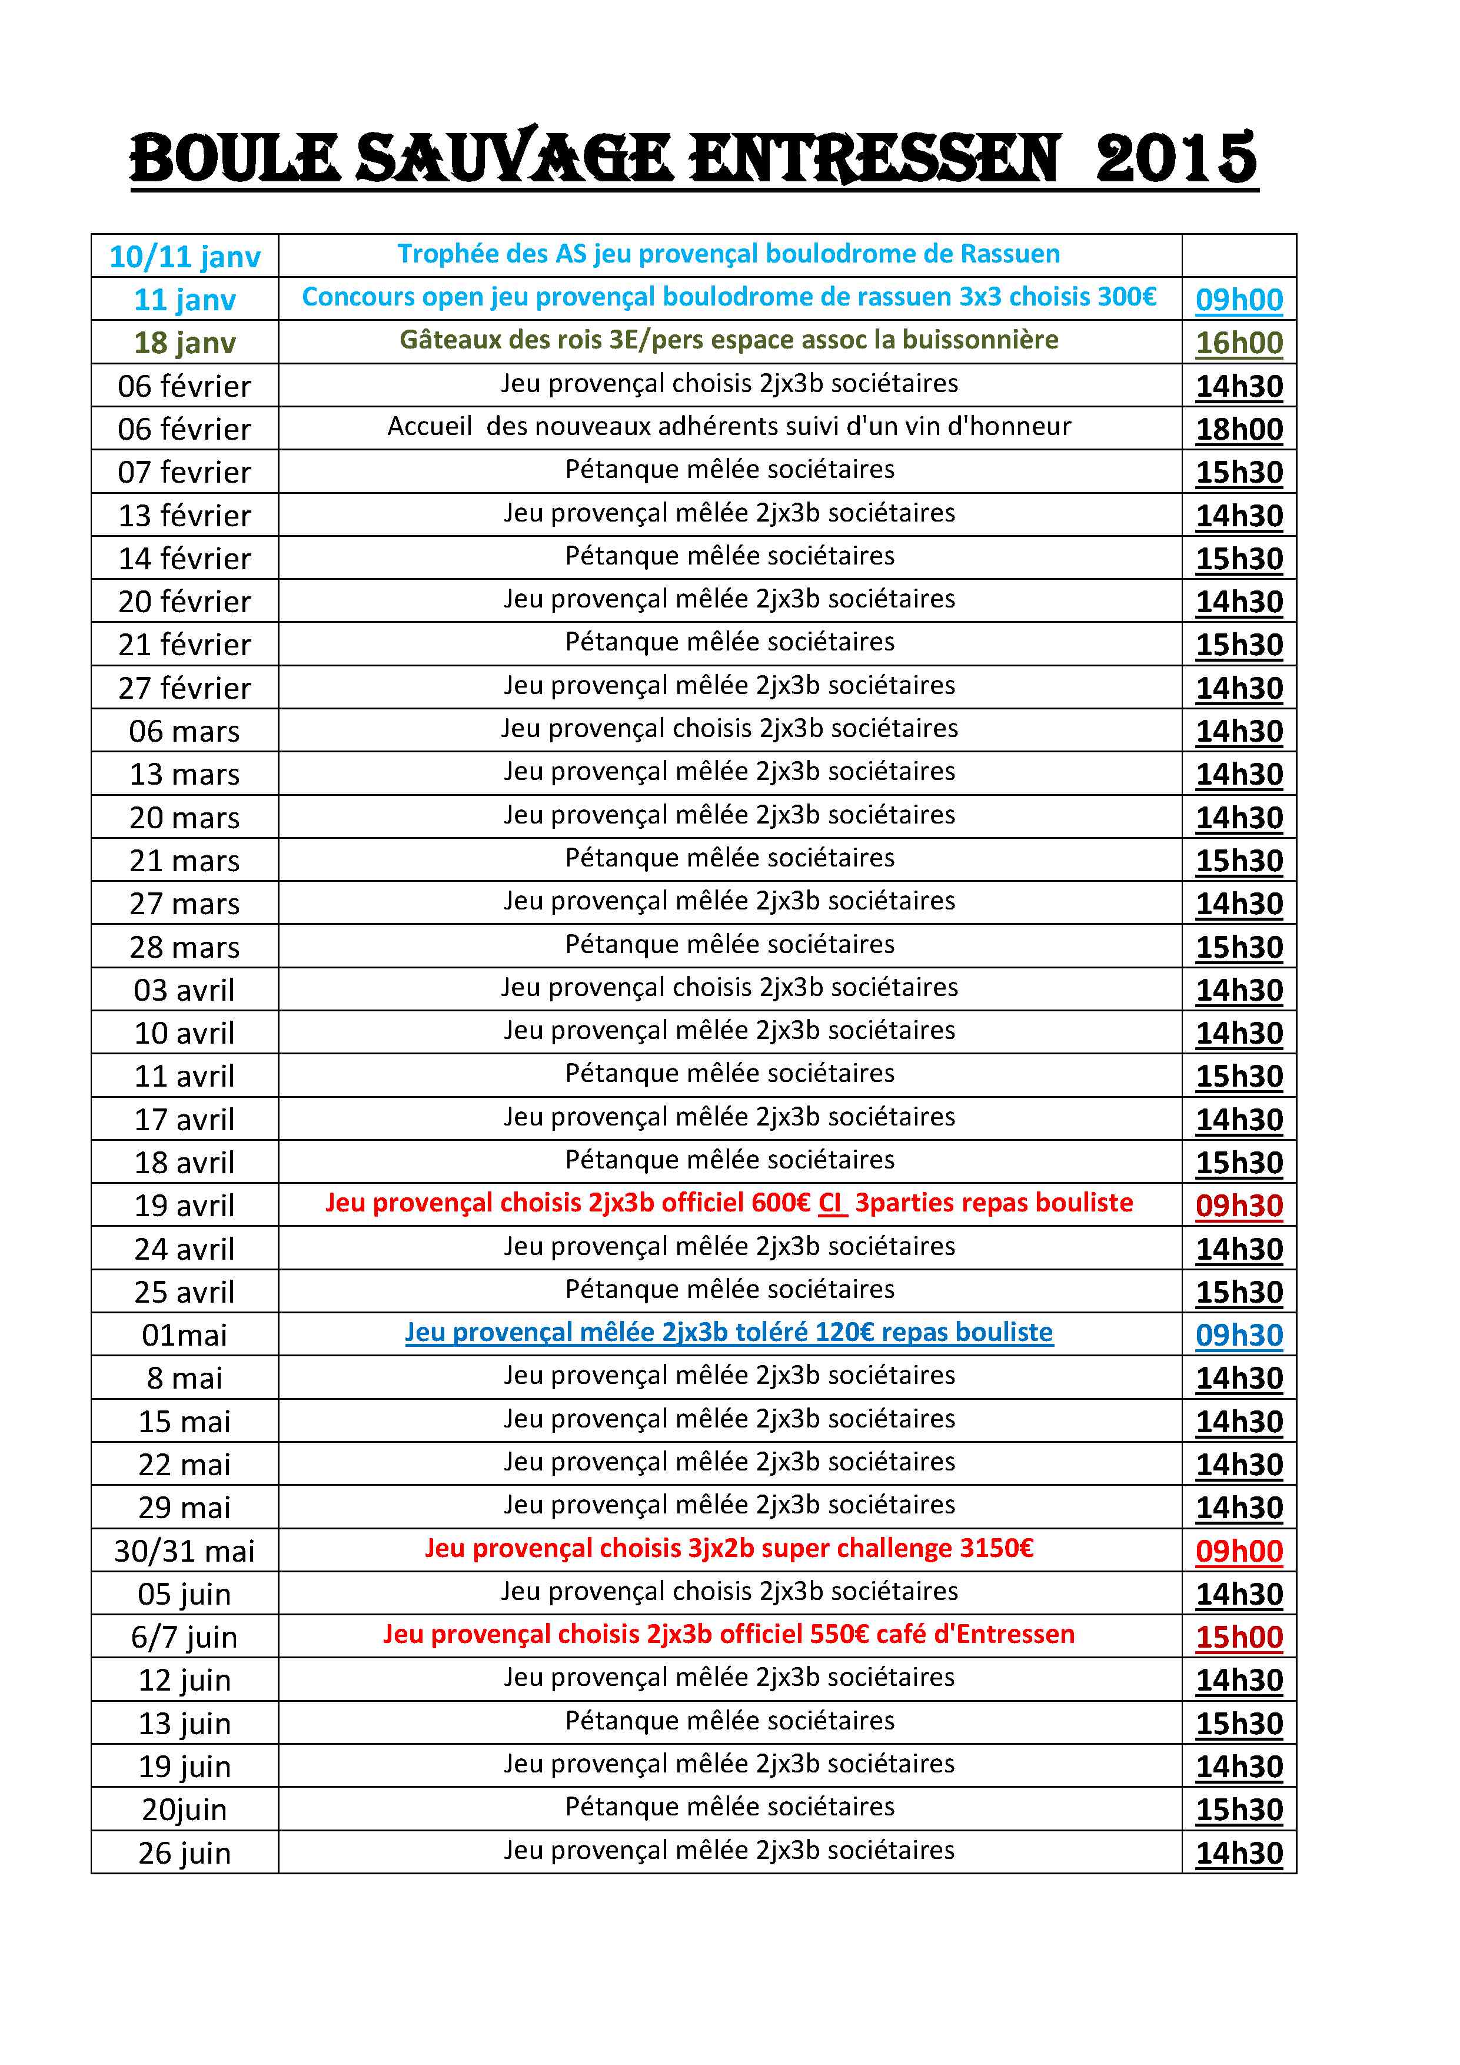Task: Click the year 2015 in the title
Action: point(1175,159)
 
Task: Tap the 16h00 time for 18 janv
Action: point(1239,343)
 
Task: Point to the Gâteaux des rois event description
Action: point(729,340)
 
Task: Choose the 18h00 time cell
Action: point(1239,429)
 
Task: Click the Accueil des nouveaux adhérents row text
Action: point(729,426)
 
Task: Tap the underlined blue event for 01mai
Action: point(729,1332)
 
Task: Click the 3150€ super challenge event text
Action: point(729,1548)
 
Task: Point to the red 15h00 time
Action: point(1239,1637)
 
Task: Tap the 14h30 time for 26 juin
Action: point(1239,1852)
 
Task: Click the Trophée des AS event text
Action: point(729,254)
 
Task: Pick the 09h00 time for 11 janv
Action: point(1239,300)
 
